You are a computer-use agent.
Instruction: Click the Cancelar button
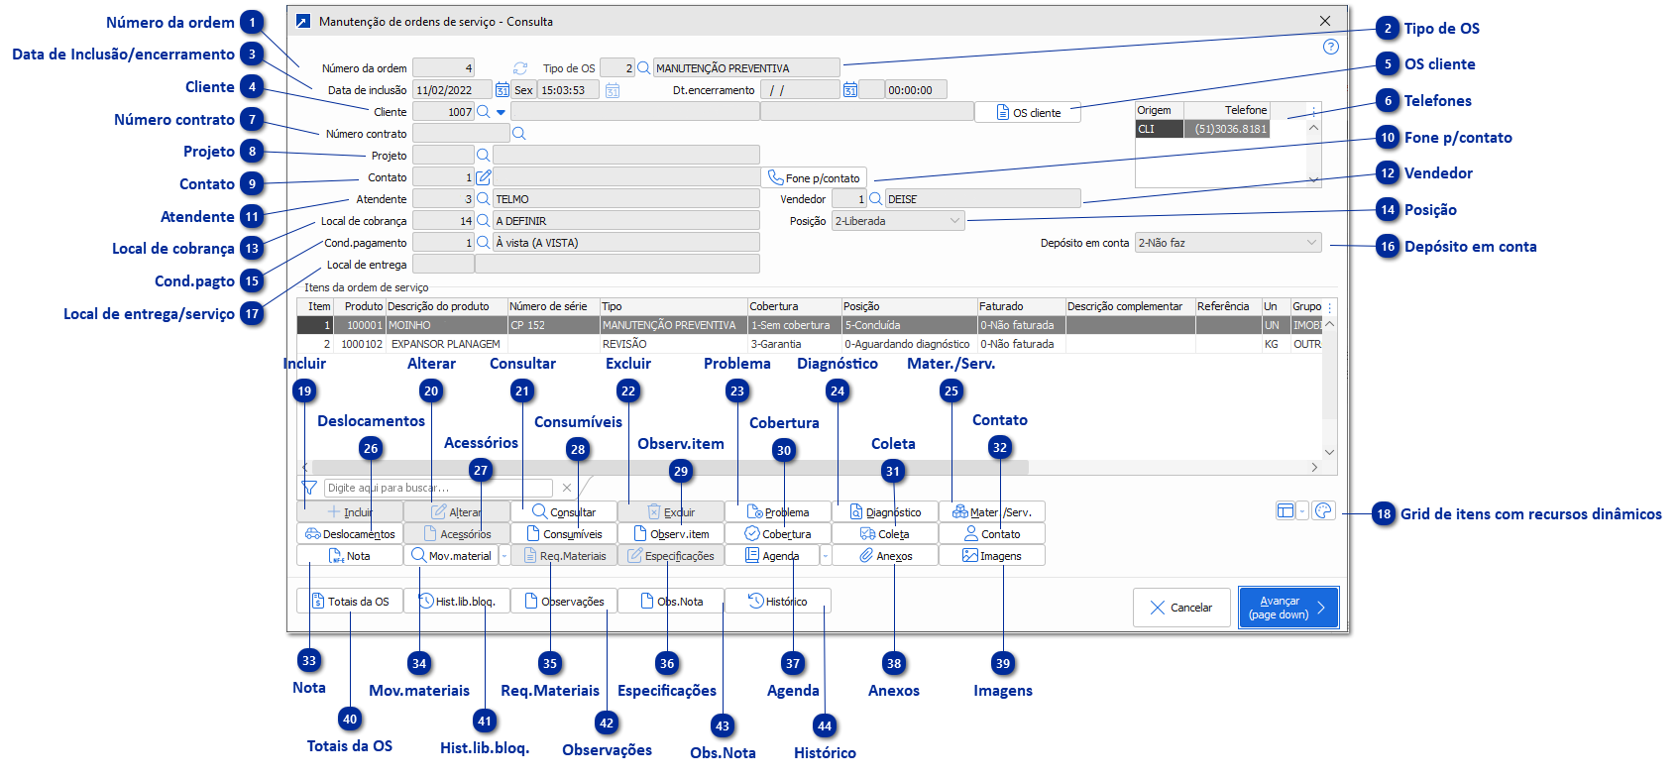tap(1181, 608)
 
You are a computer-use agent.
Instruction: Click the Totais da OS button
tap(350, 602)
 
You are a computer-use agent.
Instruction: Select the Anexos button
tap(885, 556)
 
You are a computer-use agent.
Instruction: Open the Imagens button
tap(992, 556)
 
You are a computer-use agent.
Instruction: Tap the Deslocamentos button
tap(350, 534)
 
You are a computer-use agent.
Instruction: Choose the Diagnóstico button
tap(885, 512)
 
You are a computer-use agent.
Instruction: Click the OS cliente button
tap(1028, 113)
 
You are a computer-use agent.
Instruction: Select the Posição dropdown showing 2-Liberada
tap(898, 221)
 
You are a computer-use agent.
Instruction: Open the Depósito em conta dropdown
tap(1228, 243)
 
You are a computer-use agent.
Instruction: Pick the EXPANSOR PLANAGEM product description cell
tap(445, 344)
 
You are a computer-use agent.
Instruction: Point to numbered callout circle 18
tap(1384, 514)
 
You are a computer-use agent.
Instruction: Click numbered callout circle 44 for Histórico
tap(825, 726)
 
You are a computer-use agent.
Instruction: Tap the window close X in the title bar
tap(1325, 21)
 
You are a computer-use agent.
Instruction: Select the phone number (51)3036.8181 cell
tap(1229, 129)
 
